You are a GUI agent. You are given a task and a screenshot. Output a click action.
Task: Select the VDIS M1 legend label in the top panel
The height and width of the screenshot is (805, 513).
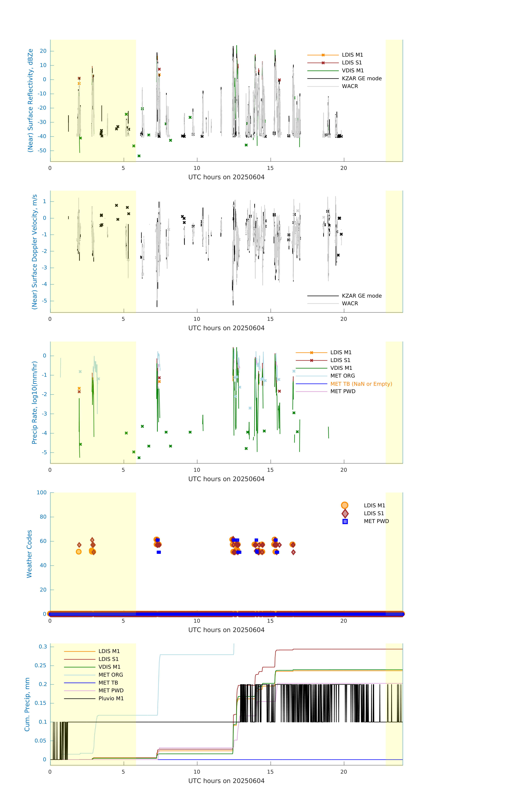(x=353, y=71)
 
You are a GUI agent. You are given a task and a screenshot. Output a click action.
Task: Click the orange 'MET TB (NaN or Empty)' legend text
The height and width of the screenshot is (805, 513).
(x=361, y=384)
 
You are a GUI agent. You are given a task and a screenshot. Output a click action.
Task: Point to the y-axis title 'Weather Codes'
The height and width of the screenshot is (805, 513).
(x=29, y=554)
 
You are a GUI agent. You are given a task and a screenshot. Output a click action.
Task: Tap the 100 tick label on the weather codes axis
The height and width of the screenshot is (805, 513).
(x=42, y=492)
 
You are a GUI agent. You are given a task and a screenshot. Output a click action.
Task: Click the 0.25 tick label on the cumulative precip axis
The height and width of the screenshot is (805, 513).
(x=41, y=665)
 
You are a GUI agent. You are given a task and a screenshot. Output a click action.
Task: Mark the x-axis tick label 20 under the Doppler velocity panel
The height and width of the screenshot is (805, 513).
(x=344, y=319)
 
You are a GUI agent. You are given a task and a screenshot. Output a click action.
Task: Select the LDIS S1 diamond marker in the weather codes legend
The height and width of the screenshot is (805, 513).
(x=345, y=513)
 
